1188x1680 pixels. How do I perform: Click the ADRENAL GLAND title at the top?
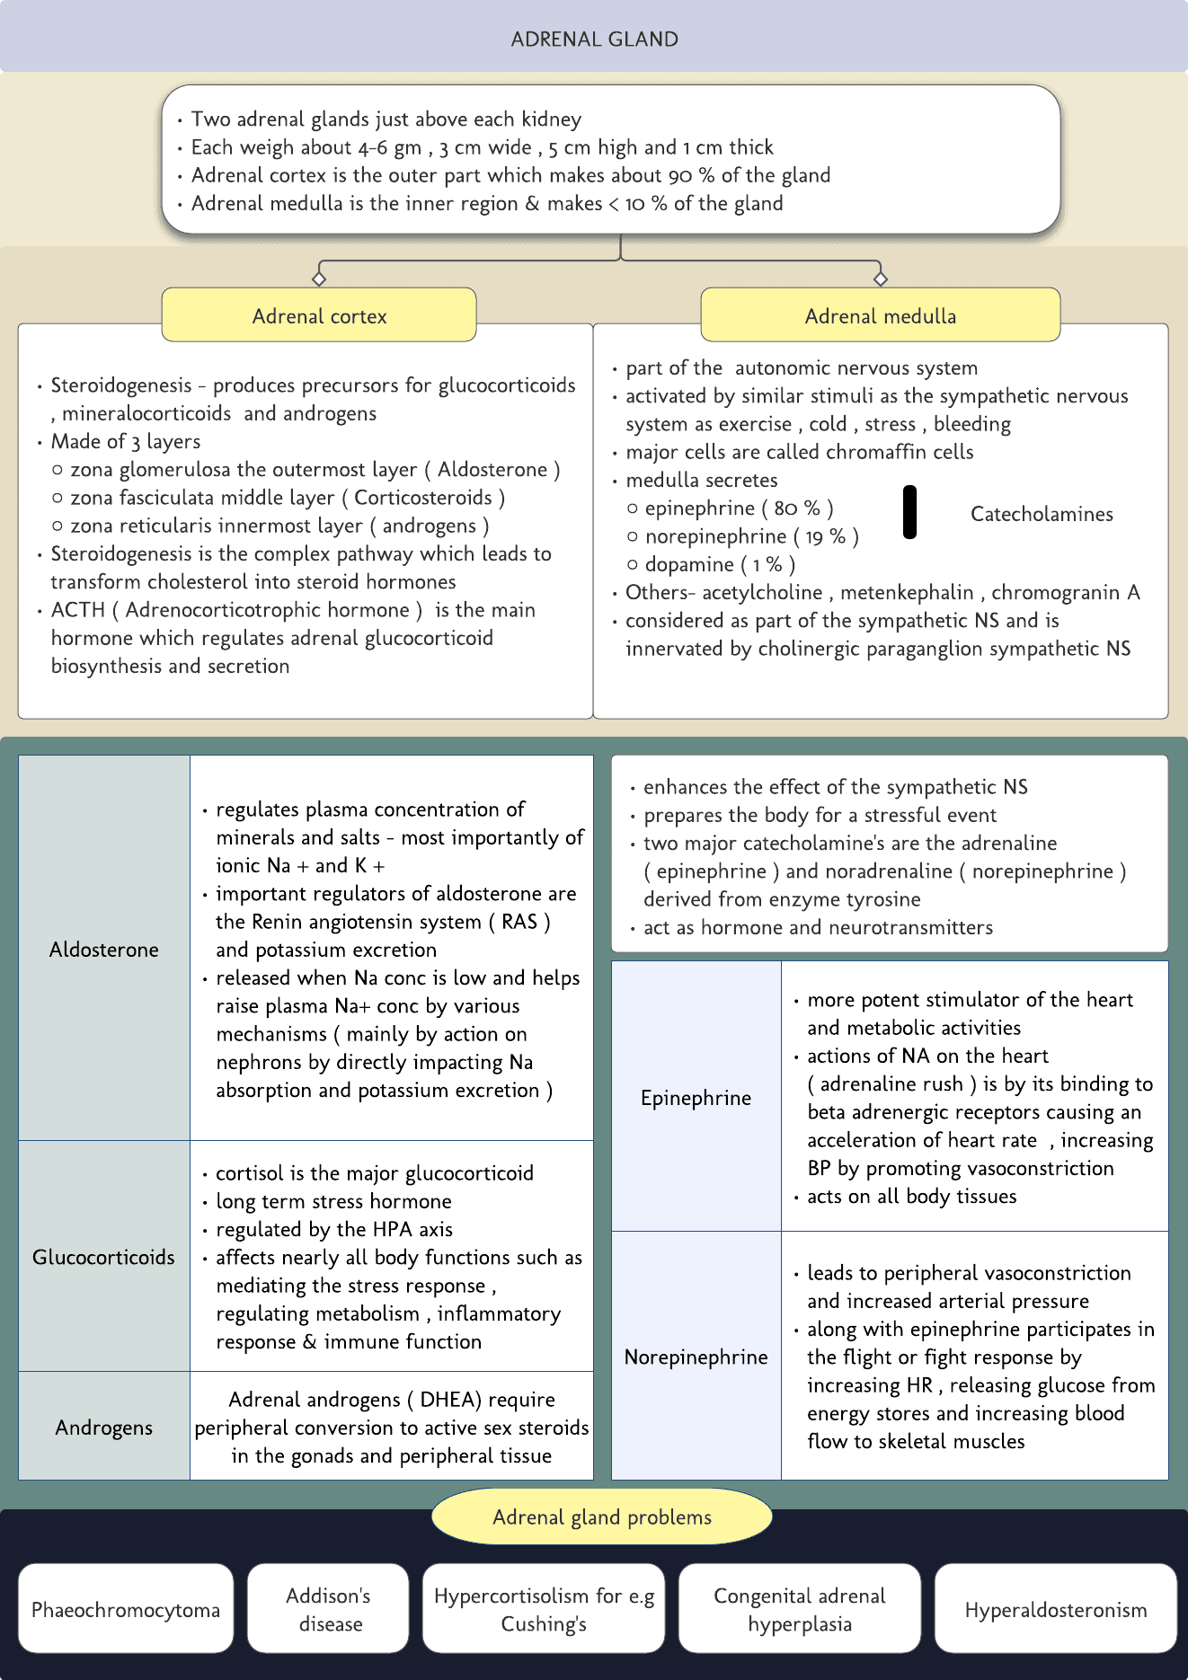point(594,40)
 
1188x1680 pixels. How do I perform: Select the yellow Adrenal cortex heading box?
point(319,315)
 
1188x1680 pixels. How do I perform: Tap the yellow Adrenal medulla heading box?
point(880,315)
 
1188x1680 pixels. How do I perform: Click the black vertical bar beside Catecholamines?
point(909,512)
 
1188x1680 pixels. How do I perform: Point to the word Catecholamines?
point(1041,514)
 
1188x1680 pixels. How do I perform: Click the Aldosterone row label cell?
point(104,949)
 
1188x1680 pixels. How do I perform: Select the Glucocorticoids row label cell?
point(104,1256)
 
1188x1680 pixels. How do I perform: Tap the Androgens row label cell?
point(104,1427)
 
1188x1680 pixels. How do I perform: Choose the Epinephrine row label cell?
point(696,1097)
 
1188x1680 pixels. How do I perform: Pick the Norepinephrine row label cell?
point(696,1356)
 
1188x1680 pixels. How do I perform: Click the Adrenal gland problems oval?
point(601,1516)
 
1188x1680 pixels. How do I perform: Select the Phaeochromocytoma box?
point(126,1609)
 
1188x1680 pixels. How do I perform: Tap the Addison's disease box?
point(328,1609)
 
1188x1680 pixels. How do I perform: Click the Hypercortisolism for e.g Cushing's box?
point(544,1609)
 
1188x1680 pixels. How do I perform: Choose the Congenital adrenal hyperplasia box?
point(799,1609)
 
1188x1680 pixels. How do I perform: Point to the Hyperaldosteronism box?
point(1055,1609)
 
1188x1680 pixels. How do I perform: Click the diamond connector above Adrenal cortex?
point(318,279)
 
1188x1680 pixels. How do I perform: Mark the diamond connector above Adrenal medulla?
point(880,279)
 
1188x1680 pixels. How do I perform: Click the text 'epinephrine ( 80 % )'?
point(739,508)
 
